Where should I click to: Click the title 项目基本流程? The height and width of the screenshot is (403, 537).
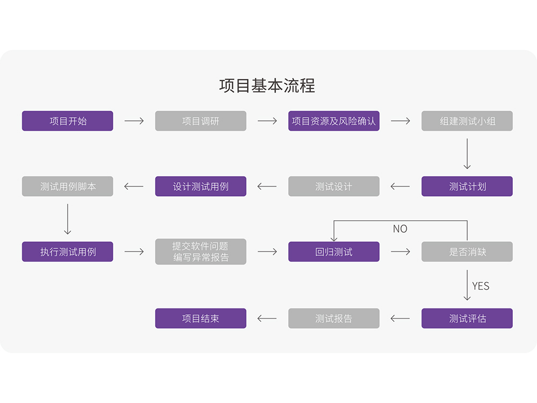[x=267, y=86]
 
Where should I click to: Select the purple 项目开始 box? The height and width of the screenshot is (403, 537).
[x=68, y=121]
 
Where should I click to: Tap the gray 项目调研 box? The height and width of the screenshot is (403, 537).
[x=201, y=121]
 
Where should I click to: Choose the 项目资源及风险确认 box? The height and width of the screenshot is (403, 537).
[x=334, y=121]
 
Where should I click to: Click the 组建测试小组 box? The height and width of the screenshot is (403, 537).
[x=467, y=121]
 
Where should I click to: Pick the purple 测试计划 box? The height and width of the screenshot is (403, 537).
[x=467, y=186]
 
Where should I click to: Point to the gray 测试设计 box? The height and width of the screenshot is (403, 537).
[x=334, y=186]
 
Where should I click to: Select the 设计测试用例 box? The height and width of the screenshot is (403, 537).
[x=201, y=186]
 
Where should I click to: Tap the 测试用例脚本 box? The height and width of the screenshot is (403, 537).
[x=68, y=186]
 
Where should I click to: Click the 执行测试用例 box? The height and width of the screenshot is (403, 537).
[x=68, y=251]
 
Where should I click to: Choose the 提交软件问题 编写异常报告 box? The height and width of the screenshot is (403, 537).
[x=201, y=251]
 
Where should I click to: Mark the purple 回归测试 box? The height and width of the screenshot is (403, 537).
[x=334, y=251]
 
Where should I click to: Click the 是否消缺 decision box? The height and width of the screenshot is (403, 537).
[x=467, y=251]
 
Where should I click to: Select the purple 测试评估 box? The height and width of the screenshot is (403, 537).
[x=467, y=318]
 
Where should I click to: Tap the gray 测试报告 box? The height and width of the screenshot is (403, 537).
[x=334, y=318]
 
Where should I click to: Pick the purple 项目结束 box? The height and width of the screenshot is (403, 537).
[x=201, y=318]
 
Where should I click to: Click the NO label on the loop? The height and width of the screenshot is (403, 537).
[x=400, y=229]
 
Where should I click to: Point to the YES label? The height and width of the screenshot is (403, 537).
[x=481, y=286]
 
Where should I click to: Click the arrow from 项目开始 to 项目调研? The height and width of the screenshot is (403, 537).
[x=134, y=121]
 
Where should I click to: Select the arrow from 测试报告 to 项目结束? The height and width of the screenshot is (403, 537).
[x=267, y=318]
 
